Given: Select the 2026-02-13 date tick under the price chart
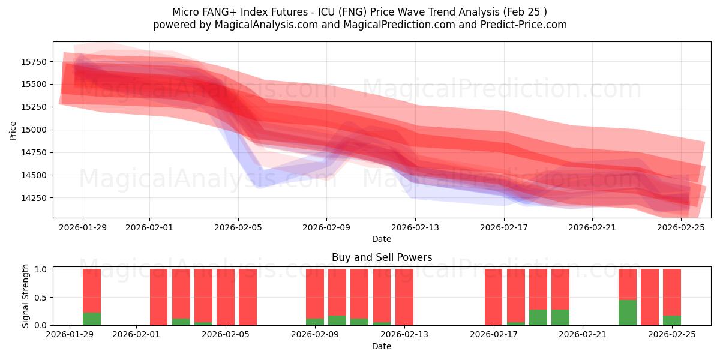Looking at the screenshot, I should click(415, 227).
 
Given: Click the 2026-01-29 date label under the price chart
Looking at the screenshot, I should click(83, 227).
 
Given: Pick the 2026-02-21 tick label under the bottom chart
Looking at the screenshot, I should click(583, 335).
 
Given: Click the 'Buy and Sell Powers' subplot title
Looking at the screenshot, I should click(382, 257).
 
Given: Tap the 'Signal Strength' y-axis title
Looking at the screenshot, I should click(26, 296).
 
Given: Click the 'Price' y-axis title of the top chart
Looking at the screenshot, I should click(13, 130).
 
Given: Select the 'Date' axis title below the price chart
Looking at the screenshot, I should click(382, 239).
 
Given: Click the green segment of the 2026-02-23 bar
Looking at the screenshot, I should click(628, 313).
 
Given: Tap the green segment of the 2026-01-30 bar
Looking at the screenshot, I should click(92, 319).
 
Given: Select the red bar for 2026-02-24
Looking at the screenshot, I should click(650, 297).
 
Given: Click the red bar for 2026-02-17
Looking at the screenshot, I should click(493, 297).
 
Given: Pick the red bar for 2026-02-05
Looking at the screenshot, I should click(226, 297).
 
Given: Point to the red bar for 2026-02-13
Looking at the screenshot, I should click(404, 297).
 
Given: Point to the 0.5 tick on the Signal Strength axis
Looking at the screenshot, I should click(41, 298).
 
